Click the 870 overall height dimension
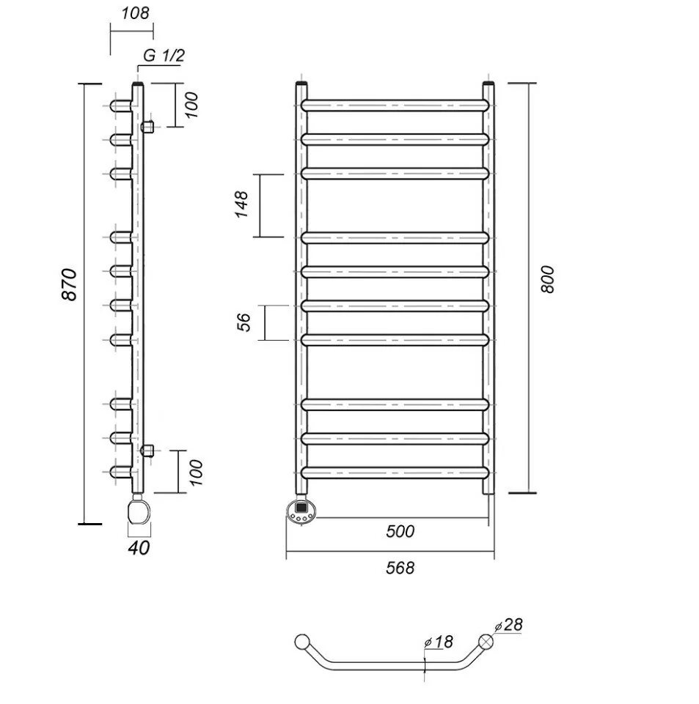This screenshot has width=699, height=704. click(x=70, y=285)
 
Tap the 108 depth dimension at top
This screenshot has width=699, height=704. click(x=135, y=13)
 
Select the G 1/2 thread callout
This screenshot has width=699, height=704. click(x=164, y=55)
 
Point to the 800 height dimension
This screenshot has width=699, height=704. click(x=547, y=279)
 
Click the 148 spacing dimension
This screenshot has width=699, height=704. click(x=242, y=204)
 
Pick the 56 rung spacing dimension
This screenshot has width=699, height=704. click(x=244, y=322)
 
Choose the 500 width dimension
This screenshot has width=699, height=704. click(x=400, y=531)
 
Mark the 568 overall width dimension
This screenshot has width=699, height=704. click(x=400, y=568)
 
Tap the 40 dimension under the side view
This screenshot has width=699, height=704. click(x=139, y=548)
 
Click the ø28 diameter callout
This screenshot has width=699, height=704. click(x=509, y=625)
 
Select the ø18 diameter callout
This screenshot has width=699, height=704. click(x=439, y=642)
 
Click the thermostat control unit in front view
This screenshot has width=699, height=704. click(x=301, y=511)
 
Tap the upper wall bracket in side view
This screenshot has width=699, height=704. click(x=148, y=127)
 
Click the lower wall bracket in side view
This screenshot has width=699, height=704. click(x=148, y=449)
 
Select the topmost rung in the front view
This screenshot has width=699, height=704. click(x=395, y=105)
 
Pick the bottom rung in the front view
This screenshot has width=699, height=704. click(x=395, y=473)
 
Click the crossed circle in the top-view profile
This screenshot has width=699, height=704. click(x=486, y=642)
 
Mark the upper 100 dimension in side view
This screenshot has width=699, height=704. click(x=191, y=105)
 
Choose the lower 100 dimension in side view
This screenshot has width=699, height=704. click(x=196, y=473)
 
